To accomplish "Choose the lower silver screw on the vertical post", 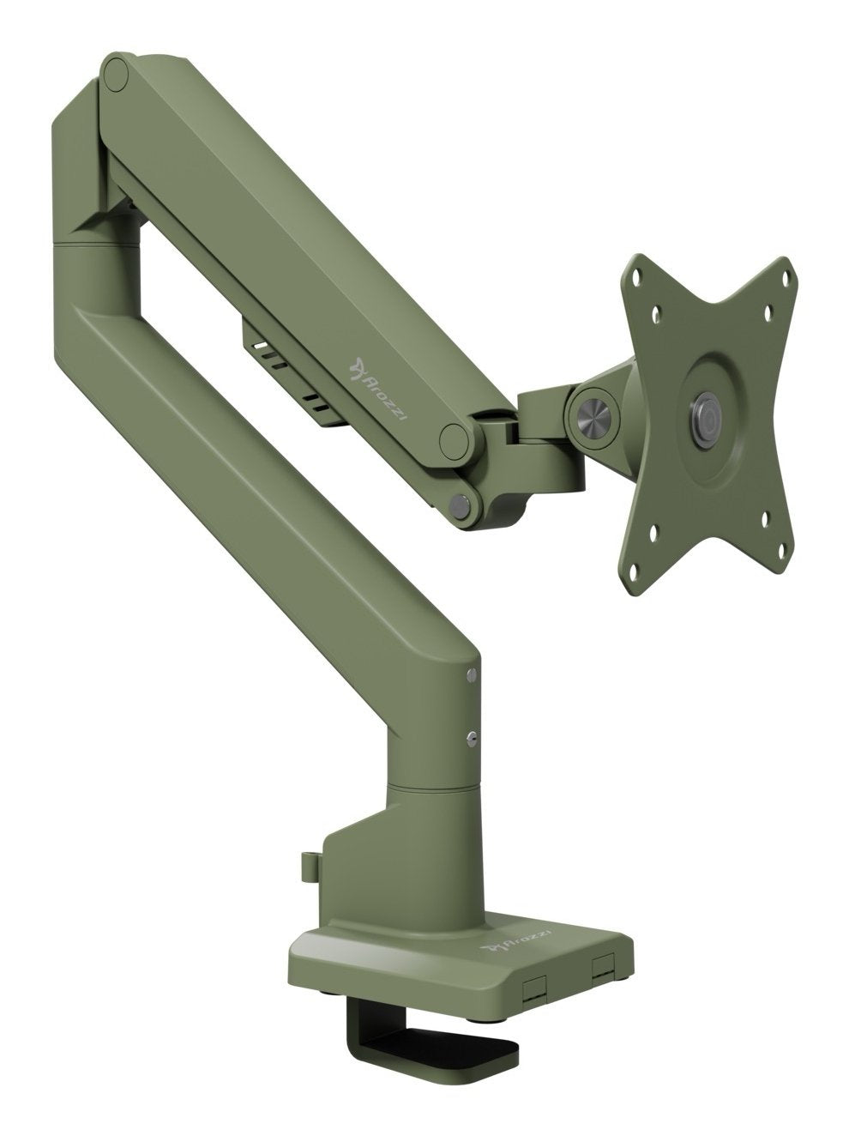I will (471, 734).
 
